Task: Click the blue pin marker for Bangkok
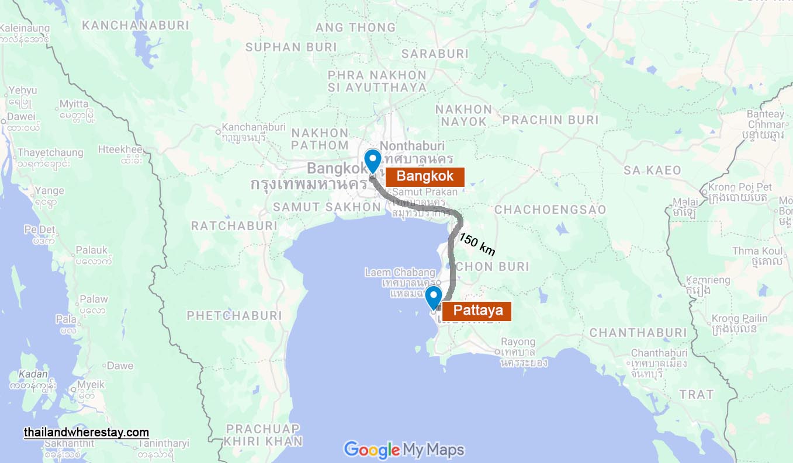pos(372,161)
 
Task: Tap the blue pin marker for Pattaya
pos(433,297)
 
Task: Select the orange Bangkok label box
pos(425,177)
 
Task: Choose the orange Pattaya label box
pos(477,311)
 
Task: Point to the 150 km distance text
pos(477,245)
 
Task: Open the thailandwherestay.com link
pos(86,433)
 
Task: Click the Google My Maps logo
pos(404,450)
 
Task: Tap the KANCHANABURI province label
pos(136,25)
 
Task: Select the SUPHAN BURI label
pos(282,47)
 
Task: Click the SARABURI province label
pos(435,54)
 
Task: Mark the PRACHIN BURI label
pos(550,120)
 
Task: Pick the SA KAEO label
pos(652,170)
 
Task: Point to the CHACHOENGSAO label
pos(550,210)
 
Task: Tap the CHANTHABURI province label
pos(638,333)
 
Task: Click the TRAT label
pos(696,395)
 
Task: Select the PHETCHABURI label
pos(234,316)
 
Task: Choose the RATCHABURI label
pos(234,225)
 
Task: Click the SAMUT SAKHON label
pos(327,207)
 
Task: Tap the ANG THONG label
pos(355,27)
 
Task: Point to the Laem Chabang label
pos(400,272)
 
